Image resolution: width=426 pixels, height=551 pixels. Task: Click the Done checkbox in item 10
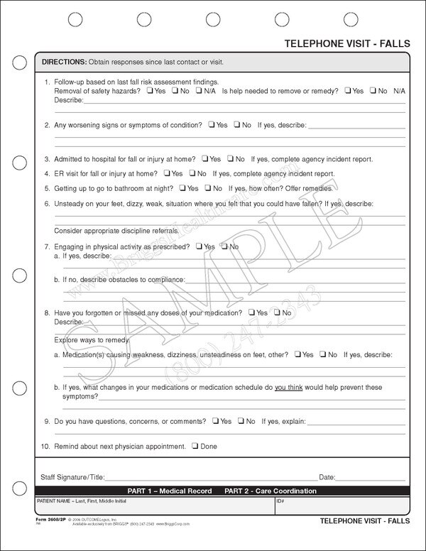click(194, 447)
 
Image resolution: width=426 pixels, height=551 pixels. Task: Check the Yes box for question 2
click(212, 125)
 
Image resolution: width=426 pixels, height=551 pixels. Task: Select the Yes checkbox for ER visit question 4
click(167, 173)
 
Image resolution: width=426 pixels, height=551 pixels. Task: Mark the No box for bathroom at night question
click(207, 188)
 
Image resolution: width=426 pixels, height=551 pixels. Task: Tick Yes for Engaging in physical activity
click(200, 246)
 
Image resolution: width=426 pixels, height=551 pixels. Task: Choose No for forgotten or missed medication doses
click(277, 312)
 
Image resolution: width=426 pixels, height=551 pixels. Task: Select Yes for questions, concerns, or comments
click(214, 421)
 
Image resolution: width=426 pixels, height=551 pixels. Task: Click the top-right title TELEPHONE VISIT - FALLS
click(347, 44)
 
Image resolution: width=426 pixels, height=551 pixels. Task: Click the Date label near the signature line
click(327, 477)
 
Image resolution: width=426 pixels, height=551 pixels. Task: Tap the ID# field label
click(280, 501)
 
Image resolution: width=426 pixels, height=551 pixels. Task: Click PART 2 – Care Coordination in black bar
click(271, 491)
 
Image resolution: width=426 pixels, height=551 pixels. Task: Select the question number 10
click(46, 447)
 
